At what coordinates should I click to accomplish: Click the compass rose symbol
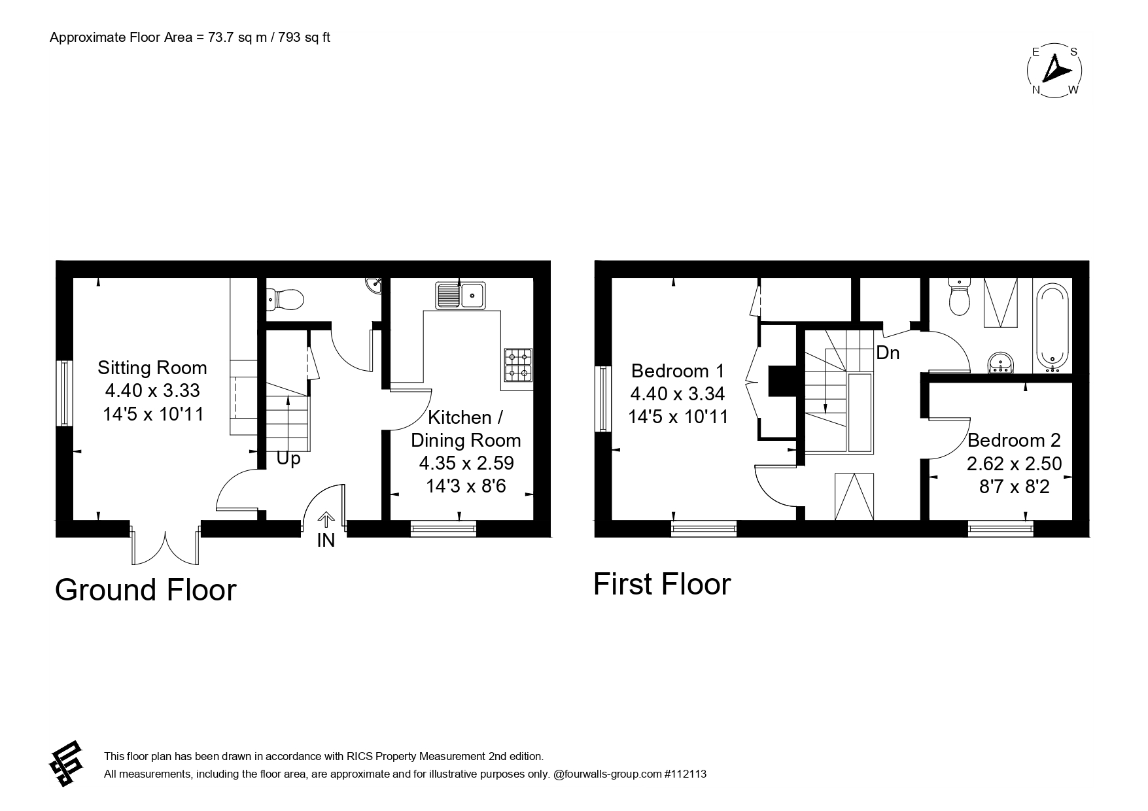tap(1054, 71)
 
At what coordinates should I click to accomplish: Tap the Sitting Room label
tap(152, 368)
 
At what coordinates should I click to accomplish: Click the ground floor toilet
tap(285, 300)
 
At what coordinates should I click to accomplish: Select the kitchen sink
tap(461, 295)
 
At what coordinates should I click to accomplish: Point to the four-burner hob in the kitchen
tap(518, 366)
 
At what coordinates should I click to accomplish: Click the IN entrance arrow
tap(326, 521)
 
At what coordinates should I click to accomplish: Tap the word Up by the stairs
tap(288, 458)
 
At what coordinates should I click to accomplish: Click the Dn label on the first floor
tap(888, 353)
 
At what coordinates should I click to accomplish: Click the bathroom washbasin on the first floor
tap(1000, 362)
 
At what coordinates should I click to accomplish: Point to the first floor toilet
tap(959, 298)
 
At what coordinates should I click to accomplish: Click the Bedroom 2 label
tap(1014, 440)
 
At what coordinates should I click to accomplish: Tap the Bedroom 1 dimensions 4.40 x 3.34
tap(677, 394)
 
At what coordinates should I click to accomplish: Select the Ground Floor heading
tap(145, 590)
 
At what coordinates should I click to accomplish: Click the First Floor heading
tap(661, 584)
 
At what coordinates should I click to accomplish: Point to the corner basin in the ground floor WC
tap(374, 285)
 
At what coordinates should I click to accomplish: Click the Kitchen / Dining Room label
tap(466, 428)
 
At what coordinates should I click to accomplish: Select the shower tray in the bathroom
tap(1001, 302)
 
